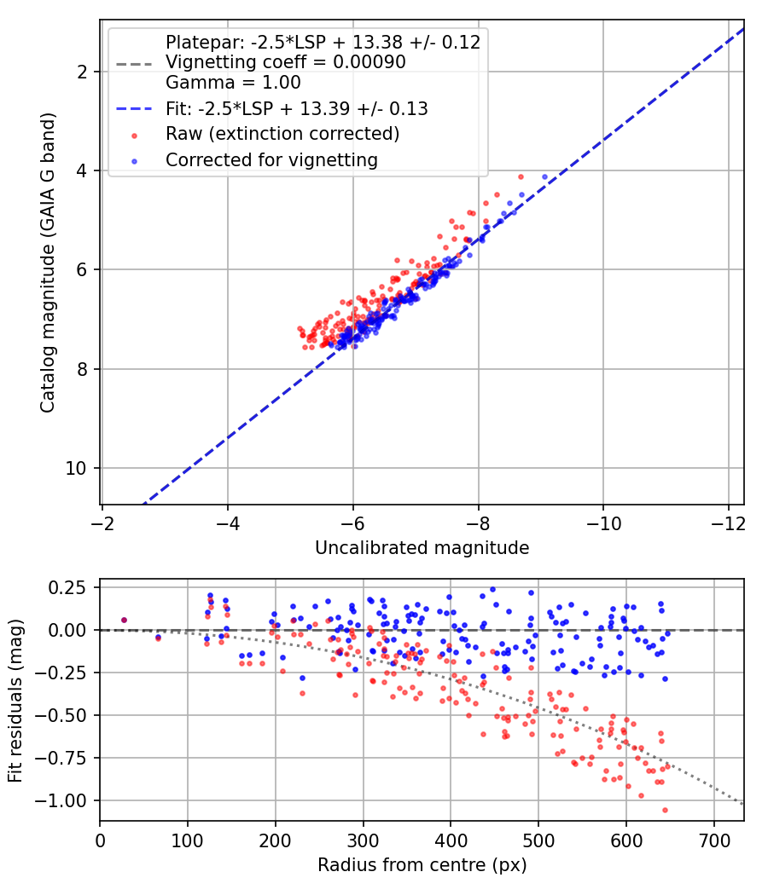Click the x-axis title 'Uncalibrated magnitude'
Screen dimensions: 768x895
pos(422,548)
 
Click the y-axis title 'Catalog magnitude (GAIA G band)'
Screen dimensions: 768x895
pos(48,263)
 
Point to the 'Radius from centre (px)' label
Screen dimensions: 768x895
pos(422,865)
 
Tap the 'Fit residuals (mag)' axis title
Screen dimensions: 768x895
pos(15,701)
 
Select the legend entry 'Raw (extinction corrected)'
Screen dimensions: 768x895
pos(282,134)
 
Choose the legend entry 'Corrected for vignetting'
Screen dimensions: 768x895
pos(271,160)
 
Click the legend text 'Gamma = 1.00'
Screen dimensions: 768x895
pos(233,83)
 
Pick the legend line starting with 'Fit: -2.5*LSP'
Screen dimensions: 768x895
pos(297,108)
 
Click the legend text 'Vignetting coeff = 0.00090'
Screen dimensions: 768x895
pos(286,62)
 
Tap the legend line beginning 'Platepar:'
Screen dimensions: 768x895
pos(323,43)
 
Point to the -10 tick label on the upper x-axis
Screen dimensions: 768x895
pos(603,523)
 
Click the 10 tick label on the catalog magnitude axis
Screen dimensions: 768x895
pos(76,468)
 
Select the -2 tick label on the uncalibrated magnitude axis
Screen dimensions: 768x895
pos(102,523)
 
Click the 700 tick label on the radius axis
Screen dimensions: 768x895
pos(713,840)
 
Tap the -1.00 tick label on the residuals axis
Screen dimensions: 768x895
pos(61,800)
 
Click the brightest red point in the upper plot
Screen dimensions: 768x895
pos(521,177)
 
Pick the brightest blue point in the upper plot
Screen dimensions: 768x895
pos(544,177)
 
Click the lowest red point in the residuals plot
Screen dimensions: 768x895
pos(665,810)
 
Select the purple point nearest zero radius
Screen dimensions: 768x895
pos(124,620)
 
